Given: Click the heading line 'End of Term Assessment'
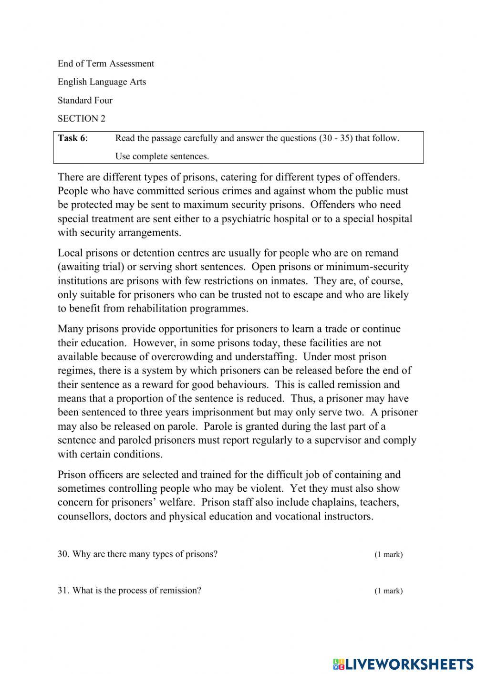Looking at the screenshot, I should (106, 63).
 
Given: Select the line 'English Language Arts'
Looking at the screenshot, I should (102, 82).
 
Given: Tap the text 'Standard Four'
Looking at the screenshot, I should (85, 100).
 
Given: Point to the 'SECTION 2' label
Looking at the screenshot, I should (82, 118).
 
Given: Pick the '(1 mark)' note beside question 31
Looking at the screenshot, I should (388, 591).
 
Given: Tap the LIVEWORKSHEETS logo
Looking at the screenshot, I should (403, 664).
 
